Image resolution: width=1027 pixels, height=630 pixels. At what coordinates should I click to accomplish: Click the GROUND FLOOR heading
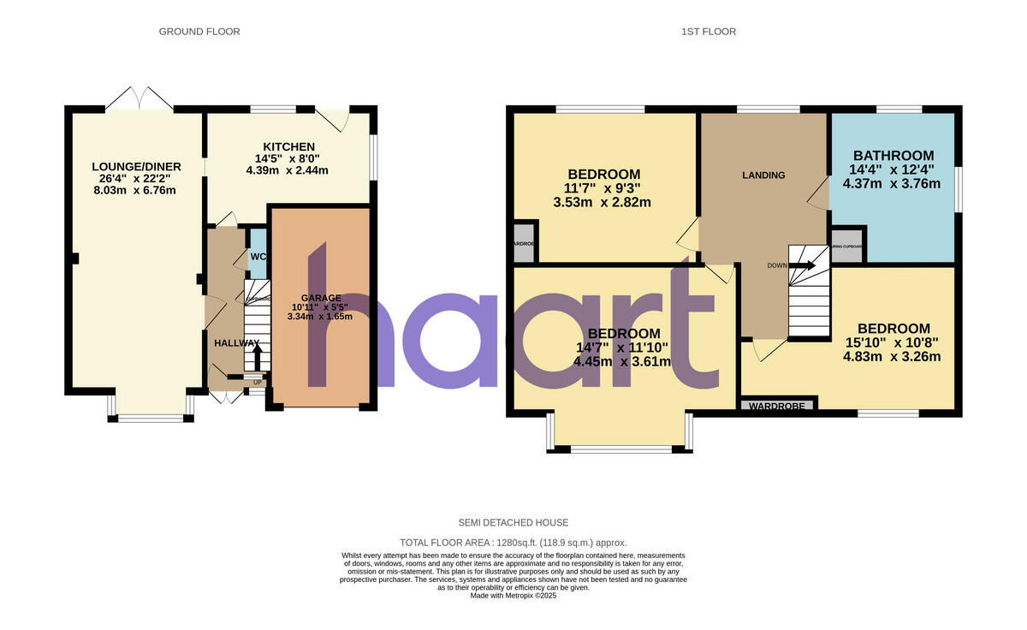tap(199, 32)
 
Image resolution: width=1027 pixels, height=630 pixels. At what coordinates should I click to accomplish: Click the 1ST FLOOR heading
tap(709, 32)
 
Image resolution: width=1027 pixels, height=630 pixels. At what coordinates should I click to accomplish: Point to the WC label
tap(258, 257)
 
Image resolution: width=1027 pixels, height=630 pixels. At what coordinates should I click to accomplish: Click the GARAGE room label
tap(320, 298)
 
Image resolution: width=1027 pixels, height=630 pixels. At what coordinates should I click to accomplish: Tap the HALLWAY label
tap(236, 343)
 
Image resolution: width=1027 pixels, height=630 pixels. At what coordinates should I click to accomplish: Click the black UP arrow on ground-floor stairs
tap(257, 353)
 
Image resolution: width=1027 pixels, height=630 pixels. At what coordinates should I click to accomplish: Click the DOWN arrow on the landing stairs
tap(802, 265)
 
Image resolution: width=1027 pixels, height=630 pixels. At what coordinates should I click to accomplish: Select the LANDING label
tap(763, 175)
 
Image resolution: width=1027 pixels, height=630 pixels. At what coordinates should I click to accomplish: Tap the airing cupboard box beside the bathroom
tap(847, 246)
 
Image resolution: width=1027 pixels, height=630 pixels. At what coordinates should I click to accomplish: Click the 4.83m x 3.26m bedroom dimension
tap(893, 356)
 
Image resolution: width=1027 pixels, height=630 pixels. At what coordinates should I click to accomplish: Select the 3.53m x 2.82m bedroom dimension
tap(603, 203)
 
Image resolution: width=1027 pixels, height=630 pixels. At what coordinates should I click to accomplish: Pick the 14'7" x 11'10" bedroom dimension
tap(622, 348)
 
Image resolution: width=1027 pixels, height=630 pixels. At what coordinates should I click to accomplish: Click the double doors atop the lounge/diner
tap(140, 98)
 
